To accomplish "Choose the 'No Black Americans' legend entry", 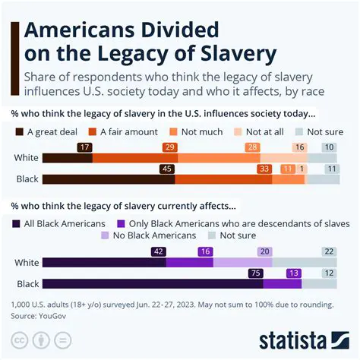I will point(149,236).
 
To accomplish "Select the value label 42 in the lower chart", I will point(158,250).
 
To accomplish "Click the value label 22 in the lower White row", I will point(328,250).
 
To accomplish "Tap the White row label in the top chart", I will point(26,158).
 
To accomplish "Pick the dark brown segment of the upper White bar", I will point(67,158).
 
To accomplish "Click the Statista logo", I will point(302,338).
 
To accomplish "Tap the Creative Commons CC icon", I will point(22,339).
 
